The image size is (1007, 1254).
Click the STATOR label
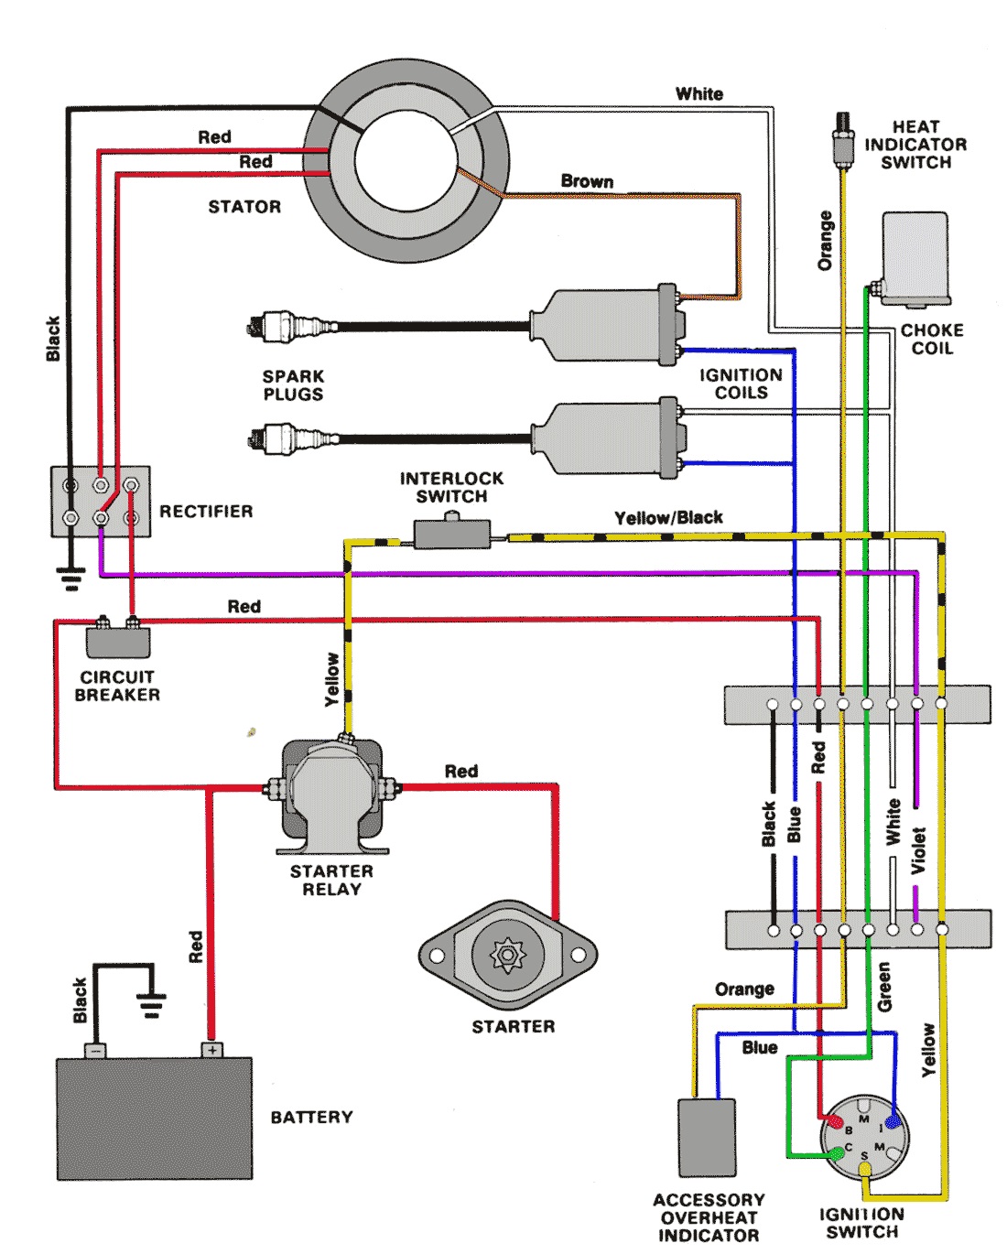point(244,207)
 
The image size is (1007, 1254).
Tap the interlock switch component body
point(451,533)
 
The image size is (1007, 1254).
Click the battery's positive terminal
point(212,1050)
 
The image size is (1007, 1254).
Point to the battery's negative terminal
point(95,1051)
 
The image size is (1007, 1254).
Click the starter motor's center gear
point(507,954)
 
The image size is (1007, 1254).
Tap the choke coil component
point(915,259)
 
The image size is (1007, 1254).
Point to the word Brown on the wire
point(587,181)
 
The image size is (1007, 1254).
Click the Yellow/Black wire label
point(668,517)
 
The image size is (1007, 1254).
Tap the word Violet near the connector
point(918,850)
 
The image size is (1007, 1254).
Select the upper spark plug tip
point(253,327)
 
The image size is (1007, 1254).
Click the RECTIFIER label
point(206,512)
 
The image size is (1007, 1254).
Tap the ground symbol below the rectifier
point(71,579)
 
